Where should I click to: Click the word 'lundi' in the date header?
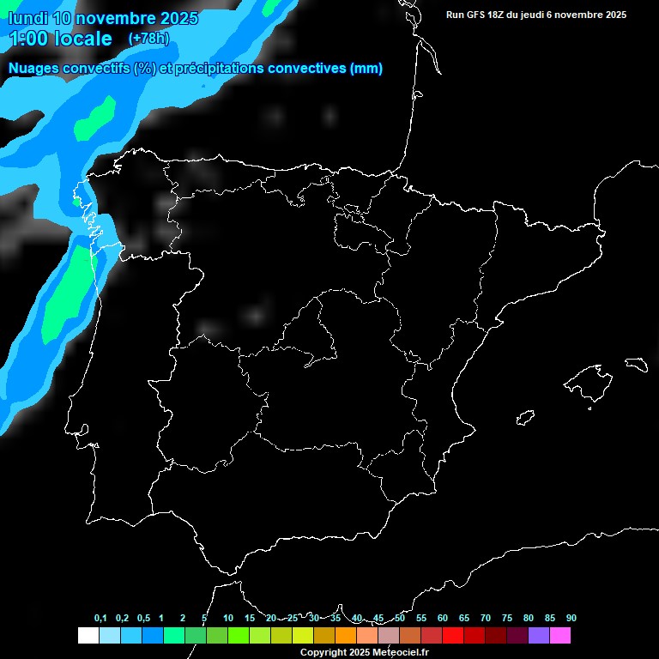[x=29, y=18]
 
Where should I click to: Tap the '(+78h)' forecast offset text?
[x=148, y=39]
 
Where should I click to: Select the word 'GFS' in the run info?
[x=477, y=15]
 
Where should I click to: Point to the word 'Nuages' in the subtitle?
[x=34, y=69]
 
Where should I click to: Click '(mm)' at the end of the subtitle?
[x=366, y=69]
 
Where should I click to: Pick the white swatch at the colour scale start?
[x=88, y=636]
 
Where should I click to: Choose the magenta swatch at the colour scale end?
[x=559, y=636]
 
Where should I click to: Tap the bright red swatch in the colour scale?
[x=452, y=636]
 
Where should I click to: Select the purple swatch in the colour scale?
[x=538, y=636]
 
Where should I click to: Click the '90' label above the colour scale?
[x=571, y=618]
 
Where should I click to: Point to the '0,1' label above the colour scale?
[x=100, y=618]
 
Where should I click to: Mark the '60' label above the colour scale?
[x=442, y=618]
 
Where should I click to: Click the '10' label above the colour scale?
[x=227, y=618]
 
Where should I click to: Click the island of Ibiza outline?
[x=526, y=417]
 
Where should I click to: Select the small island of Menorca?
[x=636, y=364]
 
